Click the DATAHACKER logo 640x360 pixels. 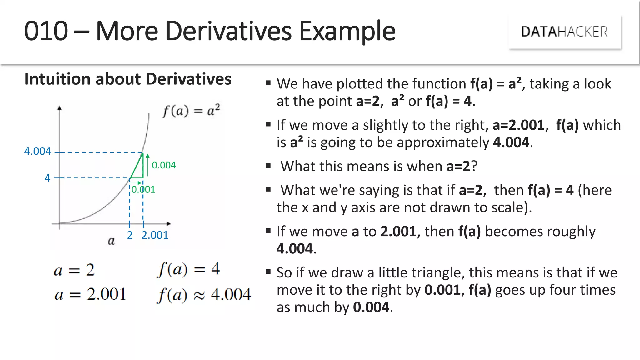[564, 32]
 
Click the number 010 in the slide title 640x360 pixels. [46, 31]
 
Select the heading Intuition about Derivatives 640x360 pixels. [128, 79]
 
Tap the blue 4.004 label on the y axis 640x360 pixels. [37, 151]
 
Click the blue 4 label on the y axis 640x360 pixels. [47, 178]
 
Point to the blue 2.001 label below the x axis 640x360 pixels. [155, 235]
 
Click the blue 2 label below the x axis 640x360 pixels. [130, 235]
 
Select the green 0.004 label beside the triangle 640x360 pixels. [164, 165]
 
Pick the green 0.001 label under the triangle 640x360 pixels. [143, 189]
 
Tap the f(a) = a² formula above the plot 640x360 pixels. [191, 111]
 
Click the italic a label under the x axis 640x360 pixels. [111, 241]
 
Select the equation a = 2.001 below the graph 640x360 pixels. [90, 294]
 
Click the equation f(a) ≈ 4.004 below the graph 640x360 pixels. [204, 294]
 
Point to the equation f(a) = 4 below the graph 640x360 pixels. [188, 269]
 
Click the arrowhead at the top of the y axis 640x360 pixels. [59, 108]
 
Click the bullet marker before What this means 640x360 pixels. [268, 166]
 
